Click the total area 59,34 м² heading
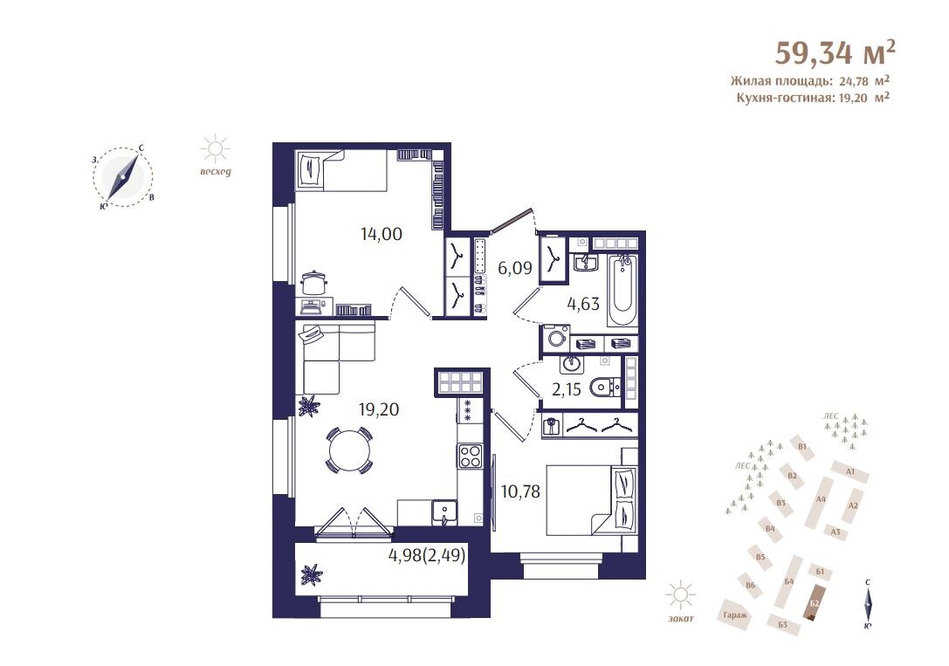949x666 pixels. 835,52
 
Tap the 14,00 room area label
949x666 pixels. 382,234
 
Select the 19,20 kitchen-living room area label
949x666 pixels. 379,409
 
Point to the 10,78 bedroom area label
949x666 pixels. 520,491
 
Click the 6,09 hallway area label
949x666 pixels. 514,267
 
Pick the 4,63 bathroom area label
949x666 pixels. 583,303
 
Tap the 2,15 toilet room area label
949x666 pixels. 566,389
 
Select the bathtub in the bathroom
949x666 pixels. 622,290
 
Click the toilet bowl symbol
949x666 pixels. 605,385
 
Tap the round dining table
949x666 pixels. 348,450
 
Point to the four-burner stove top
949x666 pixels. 470,457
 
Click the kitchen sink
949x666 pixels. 445,512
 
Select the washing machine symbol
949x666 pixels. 555,338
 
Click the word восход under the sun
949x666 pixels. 216,172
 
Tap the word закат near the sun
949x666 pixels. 681,618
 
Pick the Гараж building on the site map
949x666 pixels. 734,615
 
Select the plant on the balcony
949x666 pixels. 313,573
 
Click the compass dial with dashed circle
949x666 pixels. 123,178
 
